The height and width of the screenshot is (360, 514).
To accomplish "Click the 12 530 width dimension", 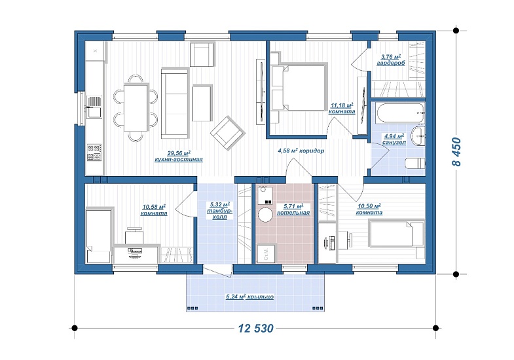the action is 255,328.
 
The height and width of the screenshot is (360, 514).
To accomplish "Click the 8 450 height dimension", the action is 456,152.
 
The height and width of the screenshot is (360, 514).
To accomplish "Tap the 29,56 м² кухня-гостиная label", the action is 179,156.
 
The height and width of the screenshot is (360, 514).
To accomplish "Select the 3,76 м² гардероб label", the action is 390,60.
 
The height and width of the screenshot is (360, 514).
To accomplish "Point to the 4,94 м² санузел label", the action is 394,139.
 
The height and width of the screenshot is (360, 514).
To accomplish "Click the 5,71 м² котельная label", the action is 293,209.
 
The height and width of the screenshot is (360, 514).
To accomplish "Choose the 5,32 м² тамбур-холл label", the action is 219,211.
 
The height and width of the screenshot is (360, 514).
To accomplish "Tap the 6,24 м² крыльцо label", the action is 249,297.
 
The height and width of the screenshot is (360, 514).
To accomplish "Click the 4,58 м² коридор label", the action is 301,151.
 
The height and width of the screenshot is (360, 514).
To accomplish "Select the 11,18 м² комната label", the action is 342,108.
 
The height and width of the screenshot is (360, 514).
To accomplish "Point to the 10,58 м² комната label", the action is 154,210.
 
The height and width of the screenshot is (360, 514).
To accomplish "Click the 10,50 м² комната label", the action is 369,209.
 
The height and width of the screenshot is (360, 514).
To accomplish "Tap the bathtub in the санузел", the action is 400,114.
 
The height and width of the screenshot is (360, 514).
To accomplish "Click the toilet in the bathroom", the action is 415,163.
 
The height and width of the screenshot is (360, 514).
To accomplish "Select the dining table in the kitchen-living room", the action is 136,107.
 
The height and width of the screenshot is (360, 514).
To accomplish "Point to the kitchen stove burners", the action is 94,153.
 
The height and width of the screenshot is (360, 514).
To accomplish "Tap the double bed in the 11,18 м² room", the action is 299,87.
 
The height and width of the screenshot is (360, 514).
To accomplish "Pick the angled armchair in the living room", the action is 228,133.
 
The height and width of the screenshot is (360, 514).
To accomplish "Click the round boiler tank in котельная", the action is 266,215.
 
